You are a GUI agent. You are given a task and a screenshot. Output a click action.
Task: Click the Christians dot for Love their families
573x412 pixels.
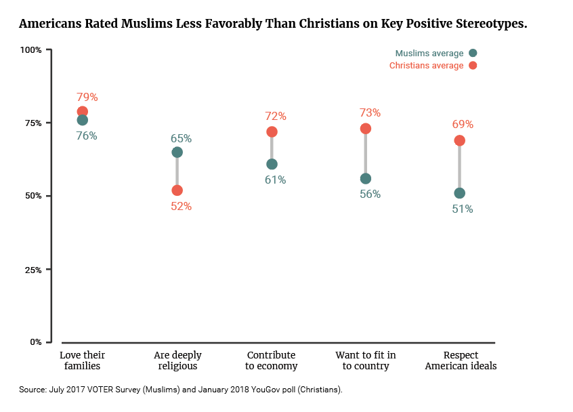[x=82, y=111]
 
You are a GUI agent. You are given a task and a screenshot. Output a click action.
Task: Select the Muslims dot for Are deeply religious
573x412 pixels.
[x=177, y=152]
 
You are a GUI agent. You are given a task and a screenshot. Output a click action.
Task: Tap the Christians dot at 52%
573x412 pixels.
[x=177, y=190]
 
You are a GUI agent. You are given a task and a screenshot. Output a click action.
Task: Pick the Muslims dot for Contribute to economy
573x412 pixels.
[x=272, y=164]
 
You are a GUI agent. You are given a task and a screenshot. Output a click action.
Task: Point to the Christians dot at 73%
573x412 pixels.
[x=366, y=129]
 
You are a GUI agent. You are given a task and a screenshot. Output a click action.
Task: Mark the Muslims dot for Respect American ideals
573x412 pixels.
[x=459, y=193]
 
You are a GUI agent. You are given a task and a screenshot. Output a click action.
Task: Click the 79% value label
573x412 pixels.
[x=87, y=98]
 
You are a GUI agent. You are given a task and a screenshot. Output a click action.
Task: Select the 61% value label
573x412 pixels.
[x=275, y=180]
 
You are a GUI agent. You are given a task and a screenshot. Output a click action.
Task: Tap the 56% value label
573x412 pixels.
[x=370, y=194]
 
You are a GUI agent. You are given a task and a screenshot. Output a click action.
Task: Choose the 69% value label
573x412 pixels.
[x=463, y=124]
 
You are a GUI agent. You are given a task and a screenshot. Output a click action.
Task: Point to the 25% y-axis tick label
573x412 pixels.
[x=33, y=270]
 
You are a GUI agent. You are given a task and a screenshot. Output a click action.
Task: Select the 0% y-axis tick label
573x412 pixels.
[x=36, y=342]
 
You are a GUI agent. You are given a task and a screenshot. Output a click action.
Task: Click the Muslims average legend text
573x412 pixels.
[x=429, y=54]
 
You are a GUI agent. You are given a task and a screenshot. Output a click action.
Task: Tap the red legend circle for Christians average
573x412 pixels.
[x=473, y=66]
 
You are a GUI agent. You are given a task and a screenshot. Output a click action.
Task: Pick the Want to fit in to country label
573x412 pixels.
[x=366, y=360]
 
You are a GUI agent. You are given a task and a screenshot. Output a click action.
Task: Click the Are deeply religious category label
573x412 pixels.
[x=177, y=360]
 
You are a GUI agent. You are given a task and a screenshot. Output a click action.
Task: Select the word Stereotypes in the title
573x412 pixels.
[x=491, y=24]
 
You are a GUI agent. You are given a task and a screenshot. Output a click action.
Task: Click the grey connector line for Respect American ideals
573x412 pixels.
[x=459, y=167]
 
